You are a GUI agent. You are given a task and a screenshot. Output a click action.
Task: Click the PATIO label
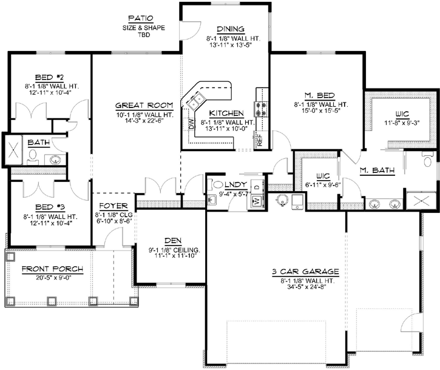click(140, 18)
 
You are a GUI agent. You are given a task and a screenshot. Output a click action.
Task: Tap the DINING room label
click(230, 29)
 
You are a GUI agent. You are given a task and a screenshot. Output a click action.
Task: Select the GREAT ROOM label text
click(140, 104)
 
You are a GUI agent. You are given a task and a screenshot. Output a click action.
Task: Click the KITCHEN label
click(226, 113)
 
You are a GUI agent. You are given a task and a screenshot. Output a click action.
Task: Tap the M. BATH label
click(377, 171)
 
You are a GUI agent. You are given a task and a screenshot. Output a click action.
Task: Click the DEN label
click(168, 240)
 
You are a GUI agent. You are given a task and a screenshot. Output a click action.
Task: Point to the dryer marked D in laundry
click(257, 187)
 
